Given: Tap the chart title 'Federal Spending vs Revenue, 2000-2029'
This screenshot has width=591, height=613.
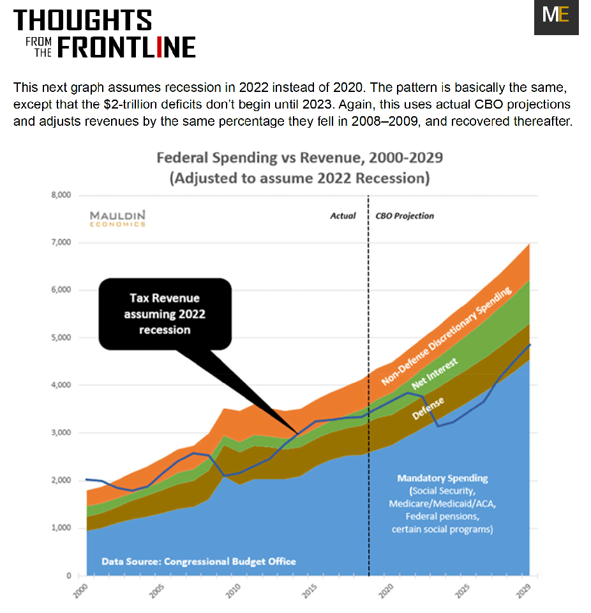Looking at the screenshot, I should click(299, 157).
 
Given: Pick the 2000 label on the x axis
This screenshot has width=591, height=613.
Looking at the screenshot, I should click(81, 591).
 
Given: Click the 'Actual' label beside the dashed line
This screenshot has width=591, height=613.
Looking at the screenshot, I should click(343, 216).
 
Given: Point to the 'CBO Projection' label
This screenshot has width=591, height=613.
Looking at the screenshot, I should click(405, 216).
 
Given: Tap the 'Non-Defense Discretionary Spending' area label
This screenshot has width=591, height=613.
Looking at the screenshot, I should click(447, 337).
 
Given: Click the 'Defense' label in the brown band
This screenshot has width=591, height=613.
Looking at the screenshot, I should click(429, 406).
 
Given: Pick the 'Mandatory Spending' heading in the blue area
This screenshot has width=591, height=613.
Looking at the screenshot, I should click(442, 478).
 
